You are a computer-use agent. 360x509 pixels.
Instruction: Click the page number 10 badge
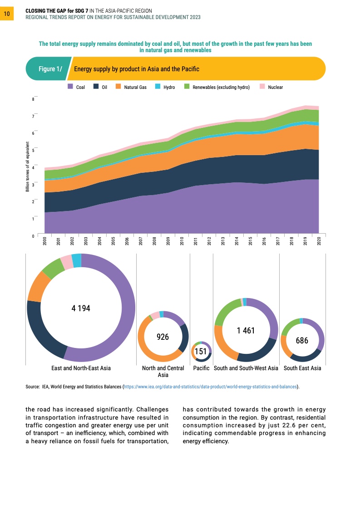click(7, 14)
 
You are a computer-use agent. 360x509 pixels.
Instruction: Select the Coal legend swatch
click(70, 87)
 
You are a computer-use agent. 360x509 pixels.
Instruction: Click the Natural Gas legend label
click(135, 87)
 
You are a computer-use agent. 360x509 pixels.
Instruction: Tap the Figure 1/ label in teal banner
click(49, 69)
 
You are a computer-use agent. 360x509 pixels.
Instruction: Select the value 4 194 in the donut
click(81, 308)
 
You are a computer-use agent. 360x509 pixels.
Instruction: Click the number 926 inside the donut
click(163, 337)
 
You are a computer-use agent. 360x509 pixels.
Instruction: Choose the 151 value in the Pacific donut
click(201, 352)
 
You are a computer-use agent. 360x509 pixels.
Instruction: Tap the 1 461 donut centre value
click(246, 330)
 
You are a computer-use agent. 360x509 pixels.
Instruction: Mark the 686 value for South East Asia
click(302, 340)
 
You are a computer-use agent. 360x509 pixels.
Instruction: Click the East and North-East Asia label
click(81, 368)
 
